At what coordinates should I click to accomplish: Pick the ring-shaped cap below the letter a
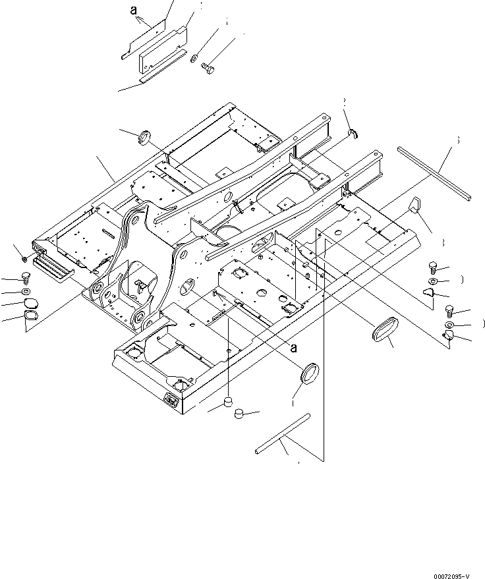coord(308,374)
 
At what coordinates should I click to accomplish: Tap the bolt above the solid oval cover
coord(26,277)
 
